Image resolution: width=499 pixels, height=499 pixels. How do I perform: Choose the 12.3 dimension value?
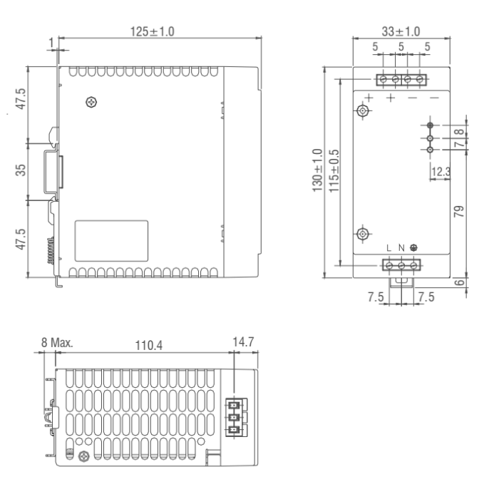pyautogui.click(x=441, y=173)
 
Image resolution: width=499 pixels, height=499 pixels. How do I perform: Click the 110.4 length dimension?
pyautogui.click(x=148, y=345)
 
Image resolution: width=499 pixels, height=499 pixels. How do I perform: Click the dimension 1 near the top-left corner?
pyautogui.click(x=52, y=43)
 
